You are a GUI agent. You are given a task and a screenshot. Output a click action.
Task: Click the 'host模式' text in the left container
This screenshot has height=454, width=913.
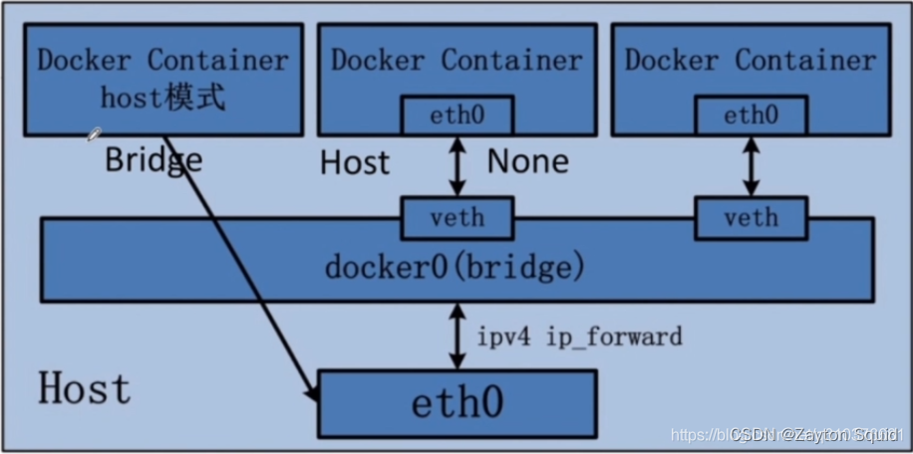[162, 99]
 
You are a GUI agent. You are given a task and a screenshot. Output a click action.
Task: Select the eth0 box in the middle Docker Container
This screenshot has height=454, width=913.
[457, 115]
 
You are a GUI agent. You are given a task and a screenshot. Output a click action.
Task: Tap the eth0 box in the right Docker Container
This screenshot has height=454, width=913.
[751, 115]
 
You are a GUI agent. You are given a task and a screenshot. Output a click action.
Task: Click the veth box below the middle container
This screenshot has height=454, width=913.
[457, 218]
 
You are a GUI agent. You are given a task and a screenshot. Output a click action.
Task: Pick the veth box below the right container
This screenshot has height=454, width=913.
[751, 218]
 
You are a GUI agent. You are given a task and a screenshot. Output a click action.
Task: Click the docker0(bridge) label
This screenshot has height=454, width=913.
[454, 268]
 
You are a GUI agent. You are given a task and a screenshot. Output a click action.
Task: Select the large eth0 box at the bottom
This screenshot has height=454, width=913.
[456, 403]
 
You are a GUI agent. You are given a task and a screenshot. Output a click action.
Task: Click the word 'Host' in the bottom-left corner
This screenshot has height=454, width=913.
[85, 388]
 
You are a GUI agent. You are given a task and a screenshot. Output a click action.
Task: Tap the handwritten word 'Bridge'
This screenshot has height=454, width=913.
[153, 159]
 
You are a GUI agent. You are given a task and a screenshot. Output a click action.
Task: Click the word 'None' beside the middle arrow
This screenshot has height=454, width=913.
[527, 161]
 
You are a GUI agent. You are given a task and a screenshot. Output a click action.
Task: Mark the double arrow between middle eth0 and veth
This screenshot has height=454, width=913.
[457, 166]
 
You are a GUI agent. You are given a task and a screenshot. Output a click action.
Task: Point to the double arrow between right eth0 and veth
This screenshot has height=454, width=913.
[751, 166]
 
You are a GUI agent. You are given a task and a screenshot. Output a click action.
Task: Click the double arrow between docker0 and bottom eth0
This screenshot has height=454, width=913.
[457, 337]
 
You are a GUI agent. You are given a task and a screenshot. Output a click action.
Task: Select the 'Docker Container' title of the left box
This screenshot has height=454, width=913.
[162, 59]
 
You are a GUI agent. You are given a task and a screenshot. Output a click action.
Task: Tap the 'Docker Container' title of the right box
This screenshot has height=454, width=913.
[751, 59]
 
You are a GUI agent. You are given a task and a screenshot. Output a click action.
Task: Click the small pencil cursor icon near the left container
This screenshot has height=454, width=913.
[94, 133]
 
